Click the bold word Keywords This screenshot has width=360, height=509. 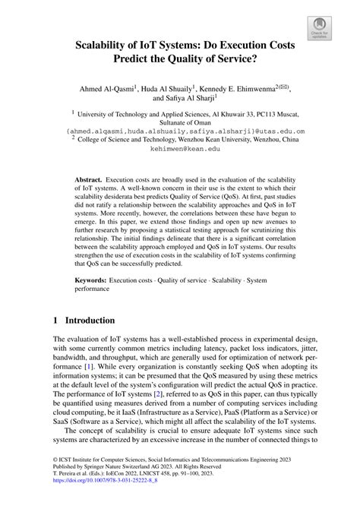pyautogui.click(x=90, y=281)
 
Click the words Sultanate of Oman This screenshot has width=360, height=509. pyautogui.click(x=180, y=122)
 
